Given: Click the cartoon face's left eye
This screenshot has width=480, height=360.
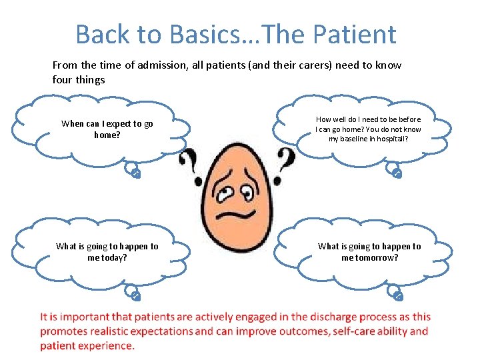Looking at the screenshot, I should (227, 189).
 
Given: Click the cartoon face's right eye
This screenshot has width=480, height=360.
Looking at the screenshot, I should (248, 194).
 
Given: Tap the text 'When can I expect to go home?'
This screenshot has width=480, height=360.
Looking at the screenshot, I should (107, 129).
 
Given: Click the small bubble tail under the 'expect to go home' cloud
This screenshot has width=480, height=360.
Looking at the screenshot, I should (134, 173).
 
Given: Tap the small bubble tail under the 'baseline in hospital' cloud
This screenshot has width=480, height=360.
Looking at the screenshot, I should (396, 173).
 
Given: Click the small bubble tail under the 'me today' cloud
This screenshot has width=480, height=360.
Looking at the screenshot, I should (134, 295).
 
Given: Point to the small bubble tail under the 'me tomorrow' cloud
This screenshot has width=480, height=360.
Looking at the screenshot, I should (397, 295).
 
